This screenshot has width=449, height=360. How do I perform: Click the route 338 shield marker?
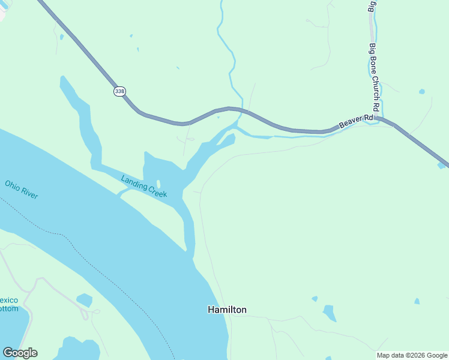(119, 91)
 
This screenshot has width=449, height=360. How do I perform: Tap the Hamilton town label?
(227, 310)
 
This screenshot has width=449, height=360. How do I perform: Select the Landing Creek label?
(144, 186)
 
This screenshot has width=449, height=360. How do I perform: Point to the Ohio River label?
(22, 190)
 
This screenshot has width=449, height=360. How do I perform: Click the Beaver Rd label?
(356, 122)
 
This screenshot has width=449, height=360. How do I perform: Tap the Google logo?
(20, 353)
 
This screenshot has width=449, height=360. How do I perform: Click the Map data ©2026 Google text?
(412, 355)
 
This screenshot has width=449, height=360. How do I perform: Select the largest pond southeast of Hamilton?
(330, 313)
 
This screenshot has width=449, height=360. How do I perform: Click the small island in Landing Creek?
(158, 184)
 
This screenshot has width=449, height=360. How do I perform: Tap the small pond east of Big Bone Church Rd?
(422, 92)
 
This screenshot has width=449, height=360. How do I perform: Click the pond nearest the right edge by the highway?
(442, 165)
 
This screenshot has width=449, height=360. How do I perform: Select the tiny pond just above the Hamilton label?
(315, 298)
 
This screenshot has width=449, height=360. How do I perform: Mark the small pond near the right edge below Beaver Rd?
(417, 301)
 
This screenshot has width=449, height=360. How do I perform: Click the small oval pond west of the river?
(85, 299)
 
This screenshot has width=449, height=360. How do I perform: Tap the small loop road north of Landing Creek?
(190, 139)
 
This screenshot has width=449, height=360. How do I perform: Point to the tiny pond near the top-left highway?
(62, 37)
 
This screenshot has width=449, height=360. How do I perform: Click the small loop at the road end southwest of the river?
(95, 312)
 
